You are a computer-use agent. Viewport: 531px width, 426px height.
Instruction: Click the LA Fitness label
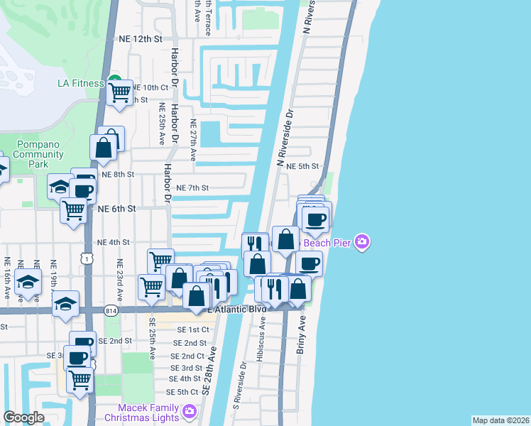[x=80, y=83]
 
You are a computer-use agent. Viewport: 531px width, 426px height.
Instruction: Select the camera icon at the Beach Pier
[x=363, y=243]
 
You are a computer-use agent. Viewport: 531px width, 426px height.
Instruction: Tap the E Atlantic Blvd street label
[x=236, y=310]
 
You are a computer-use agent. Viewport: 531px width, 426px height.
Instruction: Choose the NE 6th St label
[x=116, y=209]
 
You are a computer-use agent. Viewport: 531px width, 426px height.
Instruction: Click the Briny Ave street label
[x=300, y=335]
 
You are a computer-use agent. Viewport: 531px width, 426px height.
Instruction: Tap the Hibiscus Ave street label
[x=261, y=334]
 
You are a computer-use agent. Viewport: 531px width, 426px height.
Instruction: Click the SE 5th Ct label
[x=182, y=392]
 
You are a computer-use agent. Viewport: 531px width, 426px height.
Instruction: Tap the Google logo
[x=23, y=417]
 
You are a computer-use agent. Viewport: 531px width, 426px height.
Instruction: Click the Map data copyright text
[x=500, y=420]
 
